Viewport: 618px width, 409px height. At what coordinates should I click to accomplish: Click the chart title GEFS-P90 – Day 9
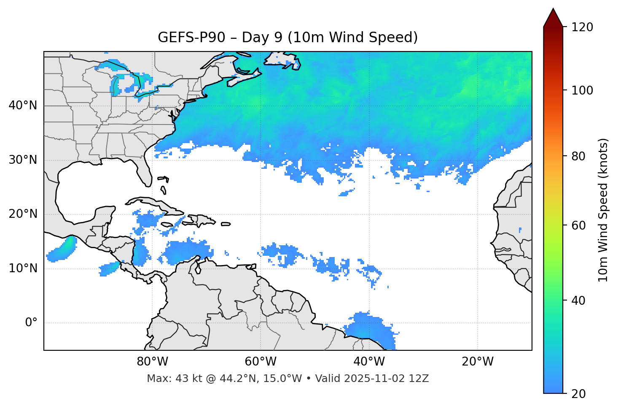click(x=288, y=38)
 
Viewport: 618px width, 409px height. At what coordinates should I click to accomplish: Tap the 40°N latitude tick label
click(x=23, y=106)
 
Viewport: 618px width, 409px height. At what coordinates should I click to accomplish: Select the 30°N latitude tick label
click(x=23, y=160)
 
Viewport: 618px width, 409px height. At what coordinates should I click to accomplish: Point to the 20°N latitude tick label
click(x=23, y=214)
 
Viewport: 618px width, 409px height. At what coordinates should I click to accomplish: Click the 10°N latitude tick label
click(x=23, y=268)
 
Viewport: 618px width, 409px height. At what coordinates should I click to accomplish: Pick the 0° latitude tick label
click(x=31, y=323)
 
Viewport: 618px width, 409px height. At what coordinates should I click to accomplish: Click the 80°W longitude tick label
click(x=152, y=362)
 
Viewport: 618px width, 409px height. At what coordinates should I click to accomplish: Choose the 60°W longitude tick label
click(x=261, y=362)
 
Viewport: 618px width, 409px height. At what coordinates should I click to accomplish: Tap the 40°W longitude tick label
click(x=369, y=362)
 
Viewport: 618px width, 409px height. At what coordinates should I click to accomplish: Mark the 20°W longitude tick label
click(x=478, y=362)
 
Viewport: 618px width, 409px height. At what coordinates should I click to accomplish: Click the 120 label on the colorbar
click(x=582, y=27)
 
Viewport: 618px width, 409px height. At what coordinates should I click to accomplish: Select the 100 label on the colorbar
click(x=582, y=90)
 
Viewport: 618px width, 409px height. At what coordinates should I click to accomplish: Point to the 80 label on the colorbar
click(x=579, y=156)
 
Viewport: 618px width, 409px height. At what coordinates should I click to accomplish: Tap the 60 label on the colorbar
click(x=579, y=225)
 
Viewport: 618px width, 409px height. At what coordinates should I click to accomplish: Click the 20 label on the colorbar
click(x=579, y=394)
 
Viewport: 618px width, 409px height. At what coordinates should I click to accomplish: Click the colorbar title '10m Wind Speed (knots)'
click(x=603, y=210)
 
